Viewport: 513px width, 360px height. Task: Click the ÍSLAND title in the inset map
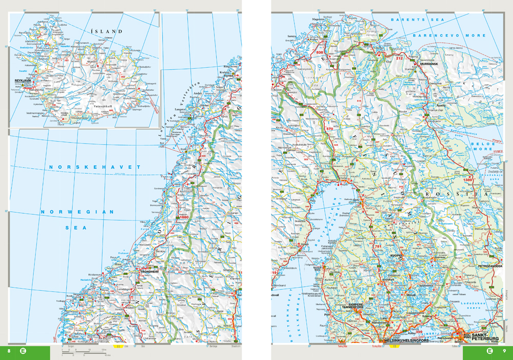[106, 31]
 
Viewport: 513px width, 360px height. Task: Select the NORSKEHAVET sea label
[94, 168]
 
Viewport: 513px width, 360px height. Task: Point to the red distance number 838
[320, 52]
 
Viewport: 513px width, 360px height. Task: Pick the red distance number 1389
[467, 179]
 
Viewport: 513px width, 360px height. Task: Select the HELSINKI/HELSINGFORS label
[405, 341]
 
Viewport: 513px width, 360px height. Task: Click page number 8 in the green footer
[9, 351]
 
